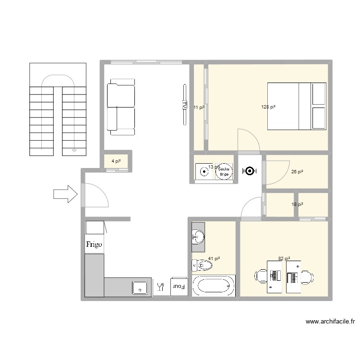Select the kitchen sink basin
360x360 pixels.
[140, 288]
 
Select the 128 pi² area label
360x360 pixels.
[268, 107]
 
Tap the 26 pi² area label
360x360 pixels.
[297, 171]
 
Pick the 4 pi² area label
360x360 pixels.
[116, 161]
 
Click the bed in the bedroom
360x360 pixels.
[297, 106]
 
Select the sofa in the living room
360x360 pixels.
[120, 107]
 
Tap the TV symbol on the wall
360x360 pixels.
[183, 105]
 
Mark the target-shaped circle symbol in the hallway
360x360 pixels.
[250, 171]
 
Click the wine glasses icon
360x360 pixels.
[160, 287]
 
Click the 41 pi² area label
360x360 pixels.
[213, 259]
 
